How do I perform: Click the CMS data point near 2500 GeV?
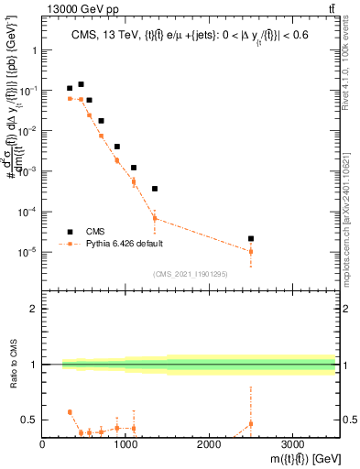point(251,238)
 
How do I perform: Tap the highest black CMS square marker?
point(81,84)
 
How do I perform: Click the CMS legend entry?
point(96,232)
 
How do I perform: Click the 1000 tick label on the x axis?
point(125,444)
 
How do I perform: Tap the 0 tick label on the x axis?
point(43,444)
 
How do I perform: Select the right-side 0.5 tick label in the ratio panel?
point(349,420)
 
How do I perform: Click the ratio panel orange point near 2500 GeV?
point(251,424)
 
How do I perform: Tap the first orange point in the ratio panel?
point(70,412)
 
